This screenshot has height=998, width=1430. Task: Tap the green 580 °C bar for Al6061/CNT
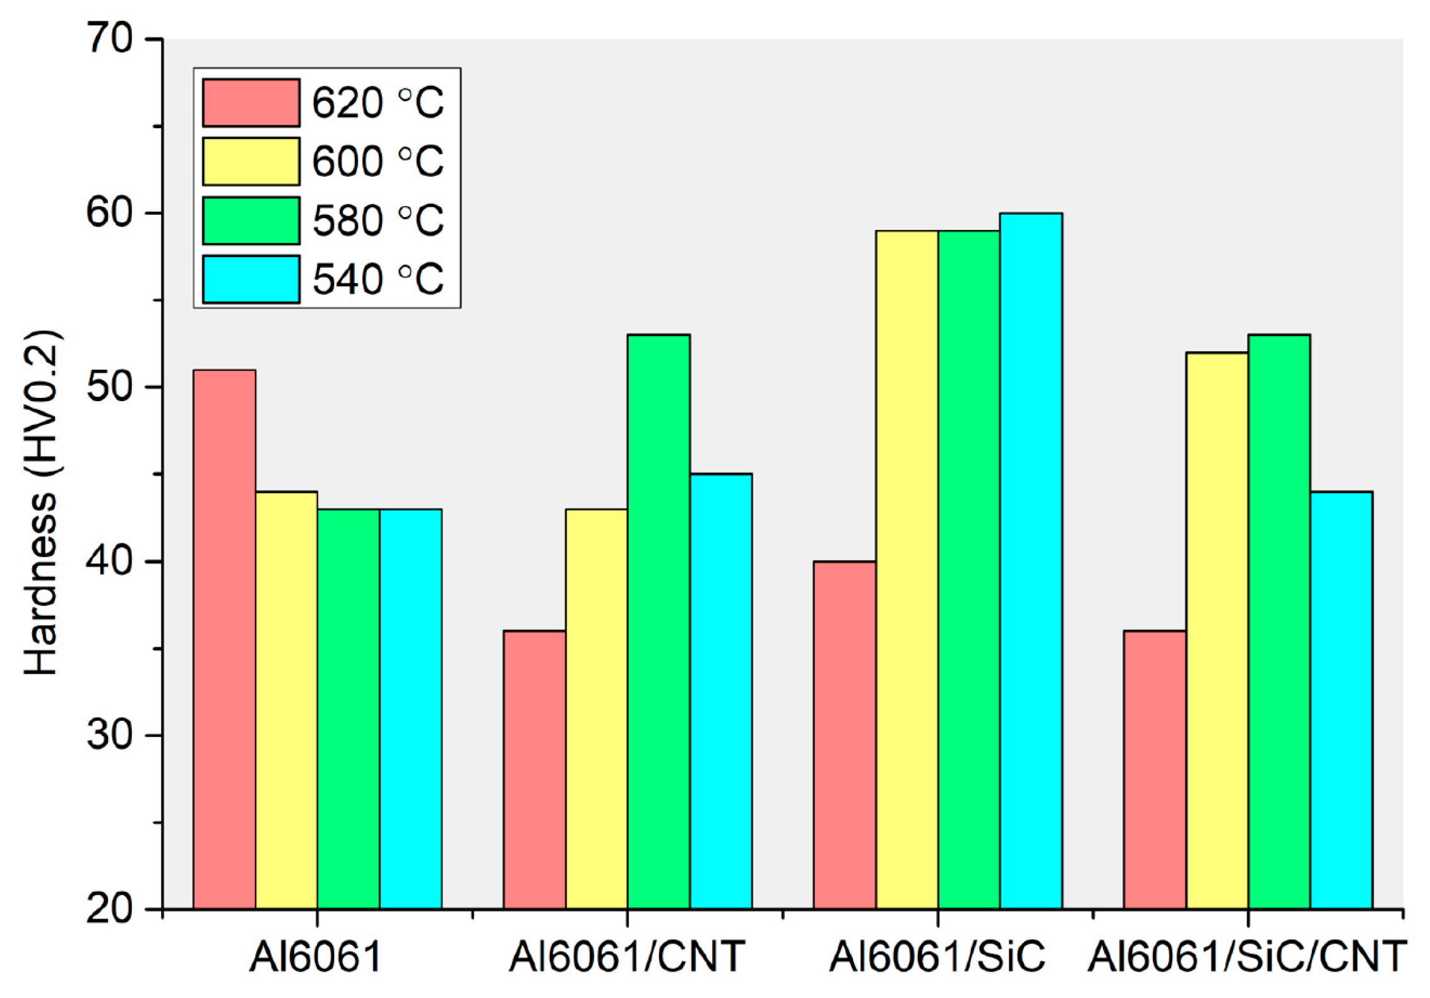click(658, 622)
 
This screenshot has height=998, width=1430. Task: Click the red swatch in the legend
click(251, 102)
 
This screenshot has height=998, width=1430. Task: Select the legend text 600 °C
click(378, 161)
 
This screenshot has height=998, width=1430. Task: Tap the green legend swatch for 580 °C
click(251, 220)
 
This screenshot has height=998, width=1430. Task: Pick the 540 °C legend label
click(378, 279)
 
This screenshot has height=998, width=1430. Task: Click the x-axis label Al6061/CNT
click(627, 956)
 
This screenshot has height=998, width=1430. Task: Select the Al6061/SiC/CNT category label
click(1248, 956)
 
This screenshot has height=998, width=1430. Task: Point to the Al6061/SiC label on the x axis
click(937, 956)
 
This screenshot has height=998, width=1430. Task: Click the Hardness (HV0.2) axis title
click(40, 502)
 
